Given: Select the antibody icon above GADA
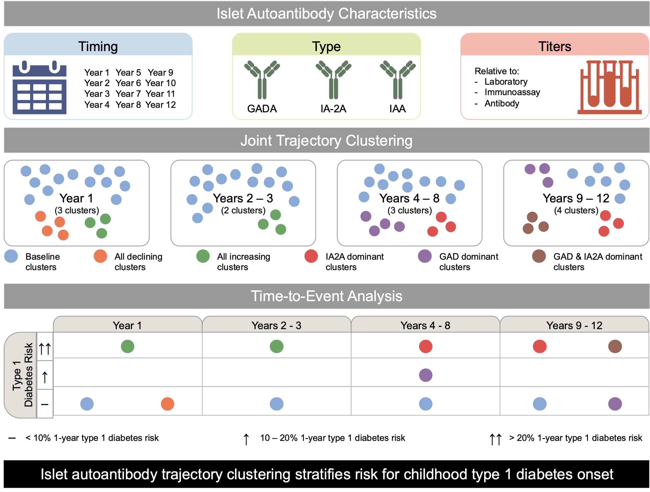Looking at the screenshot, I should coord(262,80).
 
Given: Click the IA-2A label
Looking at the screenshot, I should coord(333,109).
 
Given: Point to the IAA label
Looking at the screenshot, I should coord(397,109).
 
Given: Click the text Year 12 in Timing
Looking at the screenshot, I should coord(160,105).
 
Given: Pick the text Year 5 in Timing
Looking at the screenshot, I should coord(128,72).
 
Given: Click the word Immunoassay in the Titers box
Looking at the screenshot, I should coord(512,92).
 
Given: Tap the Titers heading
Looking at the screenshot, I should coord(555,47).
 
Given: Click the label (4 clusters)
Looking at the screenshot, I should coord(576,210).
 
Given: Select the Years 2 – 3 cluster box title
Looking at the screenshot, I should coord(243,198).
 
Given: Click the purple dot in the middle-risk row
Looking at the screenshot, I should coord(426,375).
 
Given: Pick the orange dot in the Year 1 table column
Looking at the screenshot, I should coord(167,404).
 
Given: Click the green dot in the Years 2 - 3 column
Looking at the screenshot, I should coord(277,346).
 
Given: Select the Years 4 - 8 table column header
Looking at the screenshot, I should coord(425,325).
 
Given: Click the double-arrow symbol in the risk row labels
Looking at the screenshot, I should coord(45,349).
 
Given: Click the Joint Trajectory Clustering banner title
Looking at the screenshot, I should coord(326,140).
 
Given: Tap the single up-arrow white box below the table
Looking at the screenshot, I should coord(246,437).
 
